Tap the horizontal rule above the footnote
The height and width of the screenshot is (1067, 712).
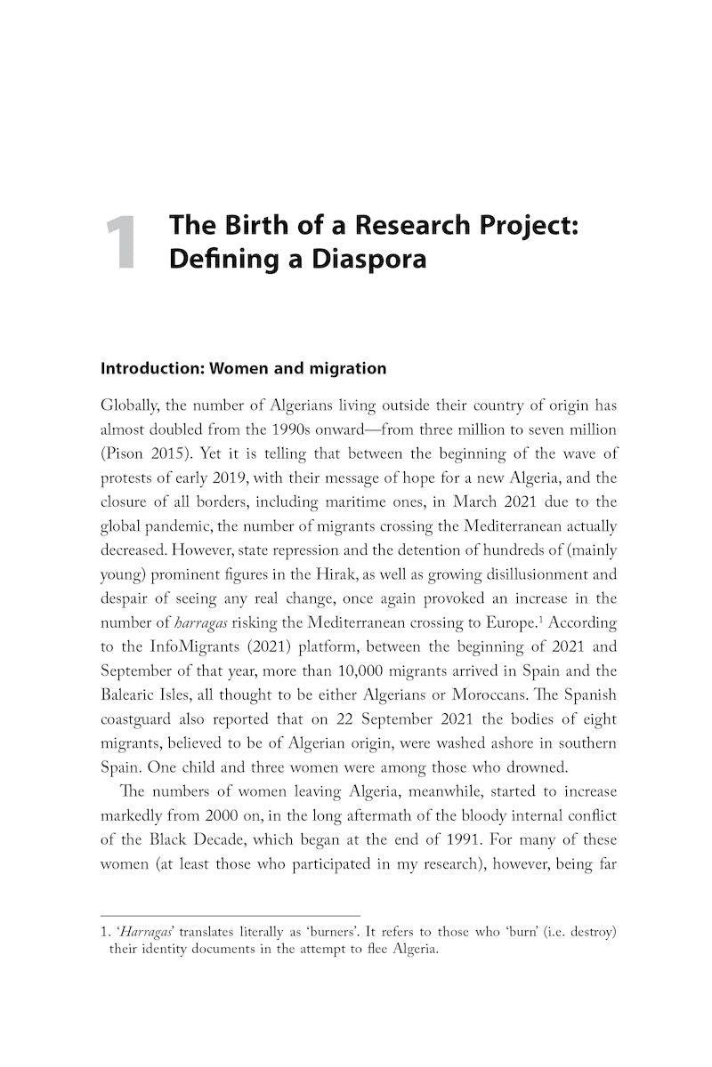pyautogui.click(x=231, y=915)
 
